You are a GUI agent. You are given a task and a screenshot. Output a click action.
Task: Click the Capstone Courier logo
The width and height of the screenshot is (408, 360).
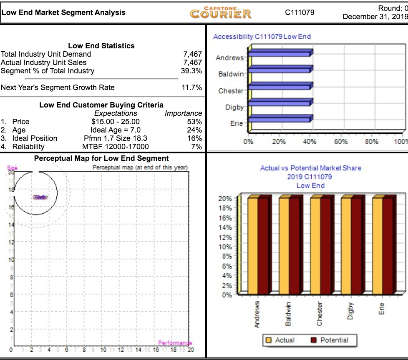pyautogui.click(x=221, y=12)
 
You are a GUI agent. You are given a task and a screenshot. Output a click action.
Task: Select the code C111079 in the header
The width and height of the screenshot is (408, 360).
pyautogui.click(x=300, y=12)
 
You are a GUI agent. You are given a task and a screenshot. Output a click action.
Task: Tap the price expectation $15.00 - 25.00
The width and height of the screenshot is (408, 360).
pyautogui.click(x=116, y=122)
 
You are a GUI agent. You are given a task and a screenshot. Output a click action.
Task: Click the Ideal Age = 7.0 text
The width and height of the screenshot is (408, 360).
pyautogui.click(x=116, y=130)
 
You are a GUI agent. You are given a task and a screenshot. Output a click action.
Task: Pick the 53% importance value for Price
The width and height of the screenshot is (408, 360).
pyautogui.click(x=195, y=122)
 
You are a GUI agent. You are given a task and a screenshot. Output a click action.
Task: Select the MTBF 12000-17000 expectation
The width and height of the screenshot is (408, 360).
pyautogui.click(x=116, y=147)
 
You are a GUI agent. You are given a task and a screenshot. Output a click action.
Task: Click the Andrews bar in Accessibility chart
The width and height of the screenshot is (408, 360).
pyautogui.click(x=280, y=53)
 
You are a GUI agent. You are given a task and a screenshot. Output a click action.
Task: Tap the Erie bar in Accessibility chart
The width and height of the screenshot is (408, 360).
pyautogui.click(x=280, y=119)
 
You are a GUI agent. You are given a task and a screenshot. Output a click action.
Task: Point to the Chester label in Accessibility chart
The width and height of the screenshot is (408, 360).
pyautogui.click(x=231, y=91)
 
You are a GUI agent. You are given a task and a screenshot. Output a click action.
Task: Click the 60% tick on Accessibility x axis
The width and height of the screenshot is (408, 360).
pyautogui.click(x=341, y=142)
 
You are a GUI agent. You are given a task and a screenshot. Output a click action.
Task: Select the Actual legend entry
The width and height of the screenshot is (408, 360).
pyautogui.click(x=280, y=340)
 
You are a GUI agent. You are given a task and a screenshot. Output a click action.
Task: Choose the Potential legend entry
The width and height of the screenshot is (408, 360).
pyautogui.click(x=330, y=340)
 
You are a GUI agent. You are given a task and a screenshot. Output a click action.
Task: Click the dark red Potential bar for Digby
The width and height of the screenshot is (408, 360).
pyautogui.click(x=357, y=246)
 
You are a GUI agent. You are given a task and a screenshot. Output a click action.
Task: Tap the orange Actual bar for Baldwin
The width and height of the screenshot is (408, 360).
pyautogui.click(x=284, y=246)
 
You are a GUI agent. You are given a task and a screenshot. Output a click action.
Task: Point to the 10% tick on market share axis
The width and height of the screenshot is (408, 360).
pyautogui.click(x=226, y=247)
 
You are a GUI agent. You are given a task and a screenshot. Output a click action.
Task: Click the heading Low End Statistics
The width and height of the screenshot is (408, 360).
pyautogui.click(x=101, y=46)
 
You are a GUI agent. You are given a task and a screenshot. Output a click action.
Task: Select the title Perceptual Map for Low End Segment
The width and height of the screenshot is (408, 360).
pyautogui.click(x=101, y=158)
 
